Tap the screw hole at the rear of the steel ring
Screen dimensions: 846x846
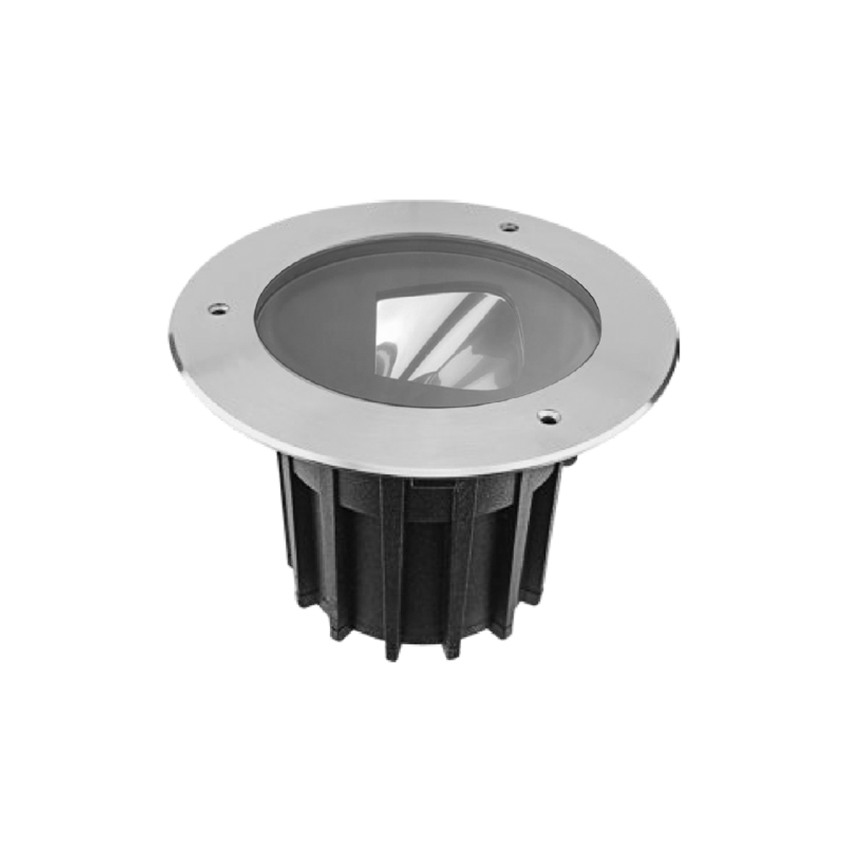coord(508,227)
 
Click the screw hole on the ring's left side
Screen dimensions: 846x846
coord(217,310)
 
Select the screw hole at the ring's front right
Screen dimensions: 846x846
coord(548,415)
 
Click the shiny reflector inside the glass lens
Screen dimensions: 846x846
coord(431,334)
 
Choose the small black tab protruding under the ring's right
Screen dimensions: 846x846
coord(572,463)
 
